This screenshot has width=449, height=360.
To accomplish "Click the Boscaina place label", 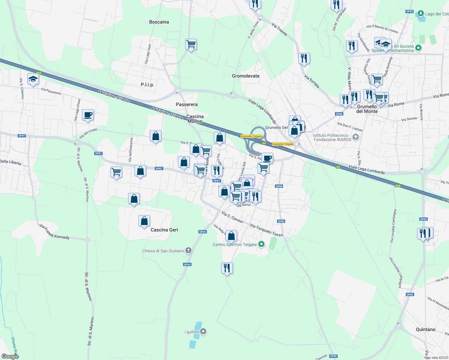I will [x=159, y=22].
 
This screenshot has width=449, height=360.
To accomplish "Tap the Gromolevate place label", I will [x=246, y=76].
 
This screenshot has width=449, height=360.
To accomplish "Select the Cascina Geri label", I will [x=164, y=230].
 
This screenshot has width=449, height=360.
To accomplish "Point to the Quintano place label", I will [x=426, y=329].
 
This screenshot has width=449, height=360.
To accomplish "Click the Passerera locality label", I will [x=187, y=104].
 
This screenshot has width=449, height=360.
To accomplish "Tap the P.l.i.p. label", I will [x=147, y=85].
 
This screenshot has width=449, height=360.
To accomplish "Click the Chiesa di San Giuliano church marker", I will [x=188, y=250].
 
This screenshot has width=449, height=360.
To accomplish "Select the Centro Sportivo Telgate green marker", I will [x=261, y=244].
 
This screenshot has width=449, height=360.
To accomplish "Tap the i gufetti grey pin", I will [x=203, y=331].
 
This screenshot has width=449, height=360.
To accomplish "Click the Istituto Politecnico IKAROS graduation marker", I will [x=356, y=137].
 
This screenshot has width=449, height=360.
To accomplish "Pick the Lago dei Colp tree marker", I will [x=421, y=13].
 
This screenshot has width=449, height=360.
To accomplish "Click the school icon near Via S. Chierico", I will [x=33, y=79].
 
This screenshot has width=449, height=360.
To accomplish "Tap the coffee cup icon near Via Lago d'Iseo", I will [x=88, y=115].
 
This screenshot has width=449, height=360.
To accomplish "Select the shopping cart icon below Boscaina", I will [x=191, y=45].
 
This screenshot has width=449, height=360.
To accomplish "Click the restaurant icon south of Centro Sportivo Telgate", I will [x=227, y=268].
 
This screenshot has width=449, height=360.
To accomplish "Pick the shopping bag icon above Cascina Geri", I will [x=144, y=221].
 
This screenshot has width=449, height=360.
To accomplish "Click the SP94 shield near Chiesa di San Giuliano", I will [x=187, y=265].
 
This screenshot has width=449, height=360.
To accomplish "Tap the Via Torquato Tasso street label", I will [x=266, y=230].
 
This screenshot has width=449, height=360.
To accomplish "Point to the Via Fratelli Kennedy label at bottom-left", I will [x=54, y=231].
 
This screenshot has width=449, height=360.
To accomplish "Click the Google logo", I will [x=10, y=356].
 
